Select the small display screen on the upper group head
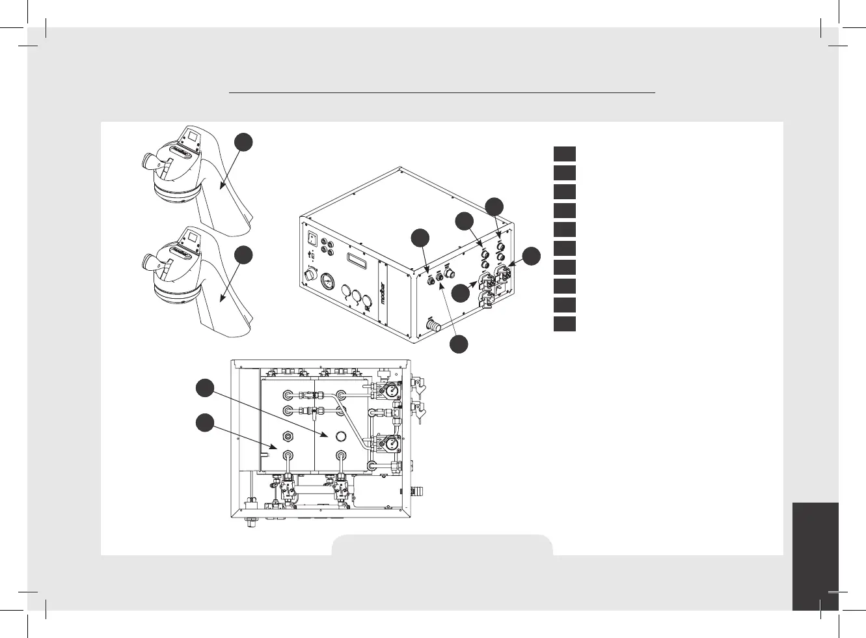(x=193, y=137)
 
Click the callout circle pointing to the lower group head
(x=243, y=255)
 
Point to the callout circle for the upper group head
(x=243, y=141)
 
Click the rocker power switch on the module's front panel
(x=312, y=237)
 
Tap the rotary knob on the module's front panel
(x=308, y=276)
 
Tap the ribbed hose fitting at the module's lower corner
(x=432, y=324)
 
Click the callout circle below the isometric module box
(x=459, y=343)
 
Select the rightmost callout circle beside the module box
(x=532, y=256)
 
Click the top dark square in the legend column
(x=565, y=154)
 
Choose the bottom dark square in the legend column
(x=565, y=324)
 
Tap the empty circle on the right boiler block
(x=340, y=435)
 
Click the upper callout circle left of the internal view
(x=205, y=388)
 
